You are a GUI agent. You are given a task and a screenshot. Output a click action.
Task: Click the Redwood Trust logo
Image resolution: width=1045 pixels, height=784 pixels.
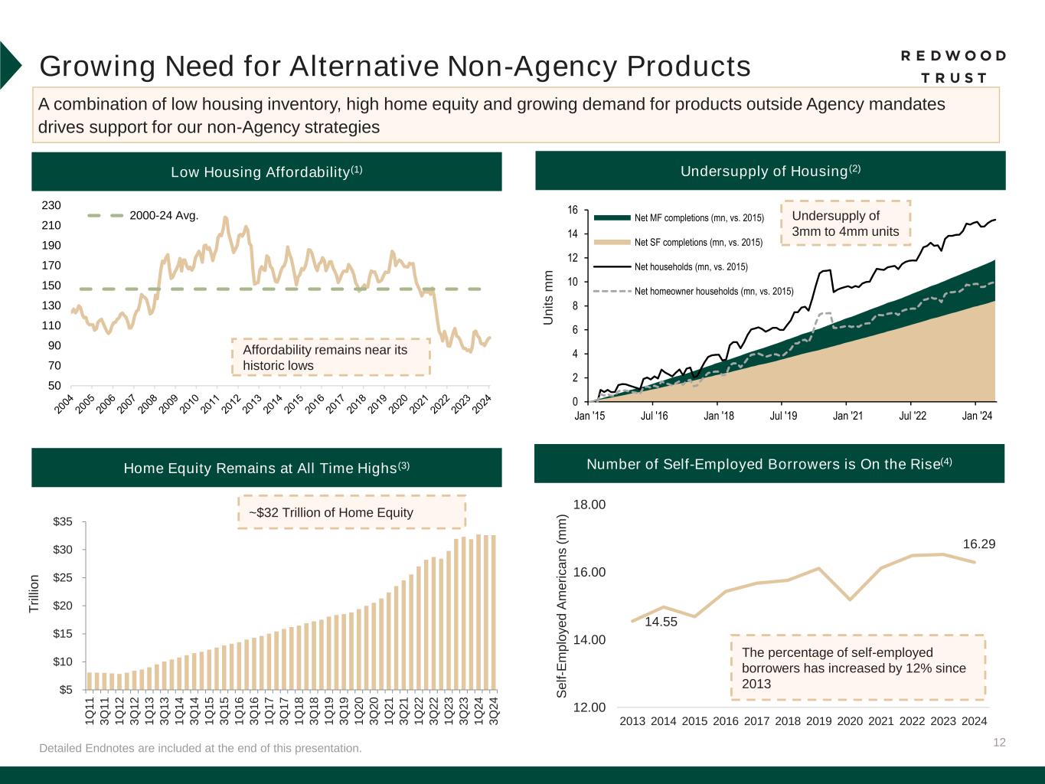coord(953,67)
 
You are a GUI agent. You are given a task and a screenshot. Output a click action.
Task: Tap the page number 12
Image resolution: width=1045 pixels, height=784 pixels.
coord(999,742)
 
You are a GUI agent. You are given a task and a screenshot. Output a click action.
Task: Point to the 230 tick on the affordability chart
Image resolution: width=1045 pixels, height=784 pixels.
coord(51,205)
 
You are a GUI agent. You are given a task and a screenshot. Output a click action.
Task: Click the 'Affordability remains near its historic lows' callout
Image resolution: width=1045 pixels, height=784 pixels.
coord(331,358)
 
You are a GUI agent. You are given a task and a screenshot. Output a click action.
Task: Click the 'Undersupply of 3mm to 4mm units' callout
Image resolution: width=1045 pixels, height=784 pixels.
coord(845,224)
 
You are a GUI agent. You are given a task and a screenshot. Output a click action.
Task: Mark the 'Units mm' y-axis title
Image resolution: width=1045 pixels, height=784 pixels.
coord(548,297)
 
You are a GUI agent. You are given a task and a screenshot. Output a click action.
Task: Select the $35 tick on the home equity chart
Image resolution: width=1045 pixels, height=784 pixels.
coord(63,521)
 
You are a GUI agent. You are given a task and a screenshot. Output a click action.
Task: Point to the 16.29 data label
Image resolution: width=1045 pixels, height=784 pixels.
coord(978,544)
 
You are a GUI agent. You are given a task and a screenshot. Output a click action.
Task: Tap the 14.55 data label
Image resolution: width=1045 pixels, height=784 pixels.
coord(661,622)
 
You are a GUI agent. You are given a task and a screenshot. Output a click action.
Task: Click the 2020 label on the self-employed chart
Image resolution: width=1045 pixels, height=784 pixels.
coord(850,720)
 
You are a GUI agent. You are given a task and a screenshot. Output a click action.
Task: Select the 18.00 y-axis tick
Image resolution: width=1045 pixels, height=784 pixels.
coord(589,505)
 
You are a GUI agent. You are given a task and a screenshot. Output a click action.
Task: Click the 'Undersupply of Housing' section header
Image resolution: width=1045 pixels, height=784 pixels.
coord(770,171)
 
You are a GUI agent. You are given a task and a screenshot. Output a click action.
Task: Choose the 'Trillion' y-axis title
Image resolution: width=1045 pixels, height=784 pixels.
coord(34,593)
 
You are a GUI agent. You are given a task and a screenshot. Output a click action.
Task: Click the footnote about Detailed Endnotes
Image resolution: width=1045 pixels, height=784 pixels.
coord(201,748)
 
